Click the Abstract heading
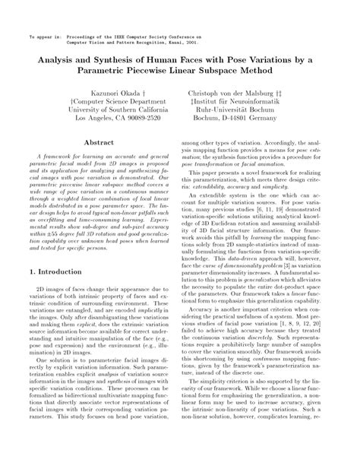(x=99, y=143)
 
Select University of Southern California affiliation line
(x=100, y=109)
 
